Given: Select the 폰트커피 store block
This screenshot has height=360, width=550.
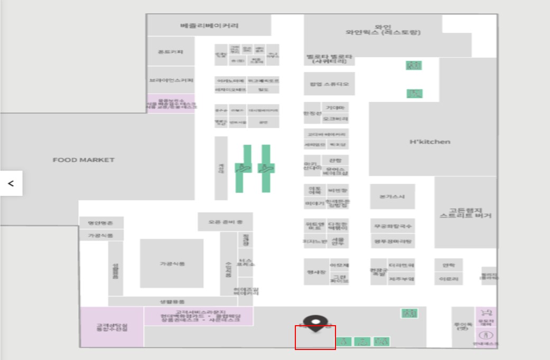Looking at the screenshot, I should coord(171,52).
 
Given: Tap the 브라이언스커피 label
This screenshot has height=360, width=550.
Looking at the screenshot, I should coord(171,80).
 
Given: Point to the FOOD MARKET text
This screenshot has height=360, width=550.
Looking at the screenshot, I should coord(83,160).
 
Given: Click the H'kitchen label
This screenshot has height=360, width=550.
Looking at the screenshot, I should coord(430,141).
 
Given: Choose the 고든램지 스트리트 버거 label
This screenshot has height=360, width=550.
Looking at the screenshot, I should coord(465,212).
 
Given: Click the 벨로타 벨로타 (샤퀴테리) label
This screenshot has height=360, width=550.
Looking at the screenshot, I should coord(329,59).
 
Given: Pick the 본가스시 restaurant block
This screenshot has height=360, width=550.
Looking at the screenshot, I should coord(392,196).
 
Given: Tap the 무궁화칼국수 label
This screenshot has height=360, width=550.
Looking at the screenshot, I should coord(392,226).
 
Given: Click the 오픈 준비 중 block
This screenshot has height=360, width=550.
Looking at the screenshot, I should coord(225,222).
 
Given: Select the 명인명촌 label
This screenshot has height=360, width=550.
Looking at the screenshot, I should coord(101,223).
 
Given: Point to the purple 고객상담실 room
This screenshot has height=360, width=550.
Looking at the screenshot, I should coord(111,327).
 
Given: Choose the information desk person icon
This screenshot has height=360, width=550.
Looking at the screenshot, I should coord(486,335).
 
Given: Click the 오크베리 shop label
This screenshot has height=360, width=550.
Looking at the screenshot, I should coord(335,119).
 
